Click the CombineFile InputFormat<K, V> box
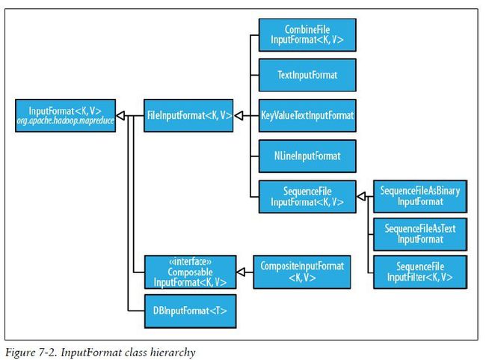[x=307, y=34]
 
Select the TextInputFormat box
[x=307, y=75]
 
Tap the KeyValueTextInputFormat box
[x=307, y=116]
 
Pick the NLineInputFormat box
[x=307, y=156]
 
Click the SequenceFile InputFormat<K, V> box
[x=307, y=197]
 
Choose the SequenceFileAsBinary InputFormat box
[x=420, y=196]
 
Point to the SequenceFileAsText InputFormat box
[x=420, y=234]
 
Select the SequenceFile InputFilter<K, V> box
[x=420, y=272]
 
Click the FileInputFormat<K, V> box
[x=188, y=116]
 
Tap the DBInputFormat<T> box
[x=191, y=311]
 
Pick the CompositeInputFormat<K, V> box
[x=302, y=272]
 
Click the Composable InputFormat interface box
[x=191, y=272]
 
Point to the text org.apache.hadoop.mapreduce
[x=65, y=120]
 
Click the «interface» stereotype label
[x=191, y=262]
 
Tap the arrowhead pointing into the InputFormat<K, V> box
[x=120, y=116]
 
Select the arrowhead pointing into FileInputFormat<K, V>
[x=239, y=116]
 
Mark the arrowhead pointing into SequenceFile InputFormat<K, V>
[x=361, y=196]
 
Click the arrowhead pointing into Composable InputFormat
[x=242, y=272]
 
